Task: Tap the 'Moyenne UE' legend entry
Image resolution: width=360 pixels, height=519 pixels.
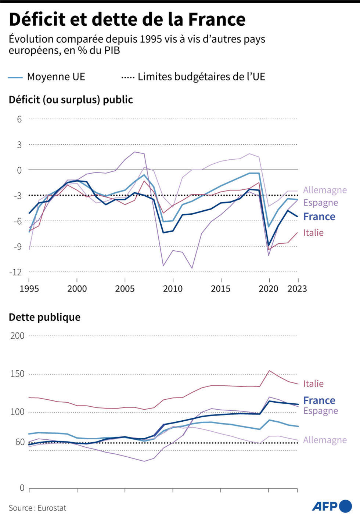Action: (x=56, y=77)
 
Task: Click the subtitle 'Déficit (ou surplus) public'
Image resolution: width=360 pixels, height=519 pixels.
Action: (x=71, y=100)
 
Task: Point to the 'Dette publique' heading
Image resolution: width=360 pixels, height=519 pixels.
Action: (x=44, y=317)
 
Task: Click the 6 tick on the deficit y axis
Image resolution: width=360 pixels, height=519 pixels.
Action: (x=19, y=119)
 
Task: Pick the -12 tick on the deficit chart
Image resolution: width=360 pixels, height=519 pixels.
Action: (x=17, y=272)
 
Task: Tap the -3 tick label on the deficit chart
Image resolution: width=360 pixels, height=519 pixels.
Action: (x=18, y=196)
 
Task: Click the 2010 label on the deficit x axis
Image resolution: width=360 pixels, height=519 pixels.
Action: (x=173, y=289)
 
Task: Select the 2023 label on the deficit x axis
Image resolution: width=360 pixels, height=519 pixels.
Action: (x=297, y=289)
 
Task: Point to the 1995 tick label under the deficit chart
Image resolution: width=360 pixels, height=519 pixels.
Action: (x=29, y=289)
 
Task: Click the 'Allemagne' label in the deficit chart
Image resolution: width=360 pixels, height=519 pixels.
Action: (x=325, y=190)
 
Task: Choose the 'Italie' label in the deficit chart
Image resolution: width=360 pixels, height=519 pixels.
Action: (x=313, y=233)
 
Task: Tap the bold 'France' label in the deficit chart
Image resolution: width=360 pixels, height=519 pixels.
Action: (x=319, y=217)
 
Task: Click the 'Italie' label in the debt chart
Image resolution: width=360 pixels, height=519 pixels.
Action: (x=313, y=384)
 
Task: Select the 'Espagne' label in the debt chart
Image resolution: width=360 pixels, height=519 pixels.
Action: (x=320, y=411)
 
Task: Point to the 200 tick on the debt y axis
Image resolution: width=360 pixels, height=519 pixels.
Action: (x=17, y=336)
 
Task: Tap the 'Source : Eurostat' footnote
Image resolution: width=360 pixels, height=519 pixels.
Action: (x=37, y=508)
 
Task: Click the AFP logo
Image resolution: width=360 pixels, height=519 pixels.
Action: (x=332, y=506)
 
